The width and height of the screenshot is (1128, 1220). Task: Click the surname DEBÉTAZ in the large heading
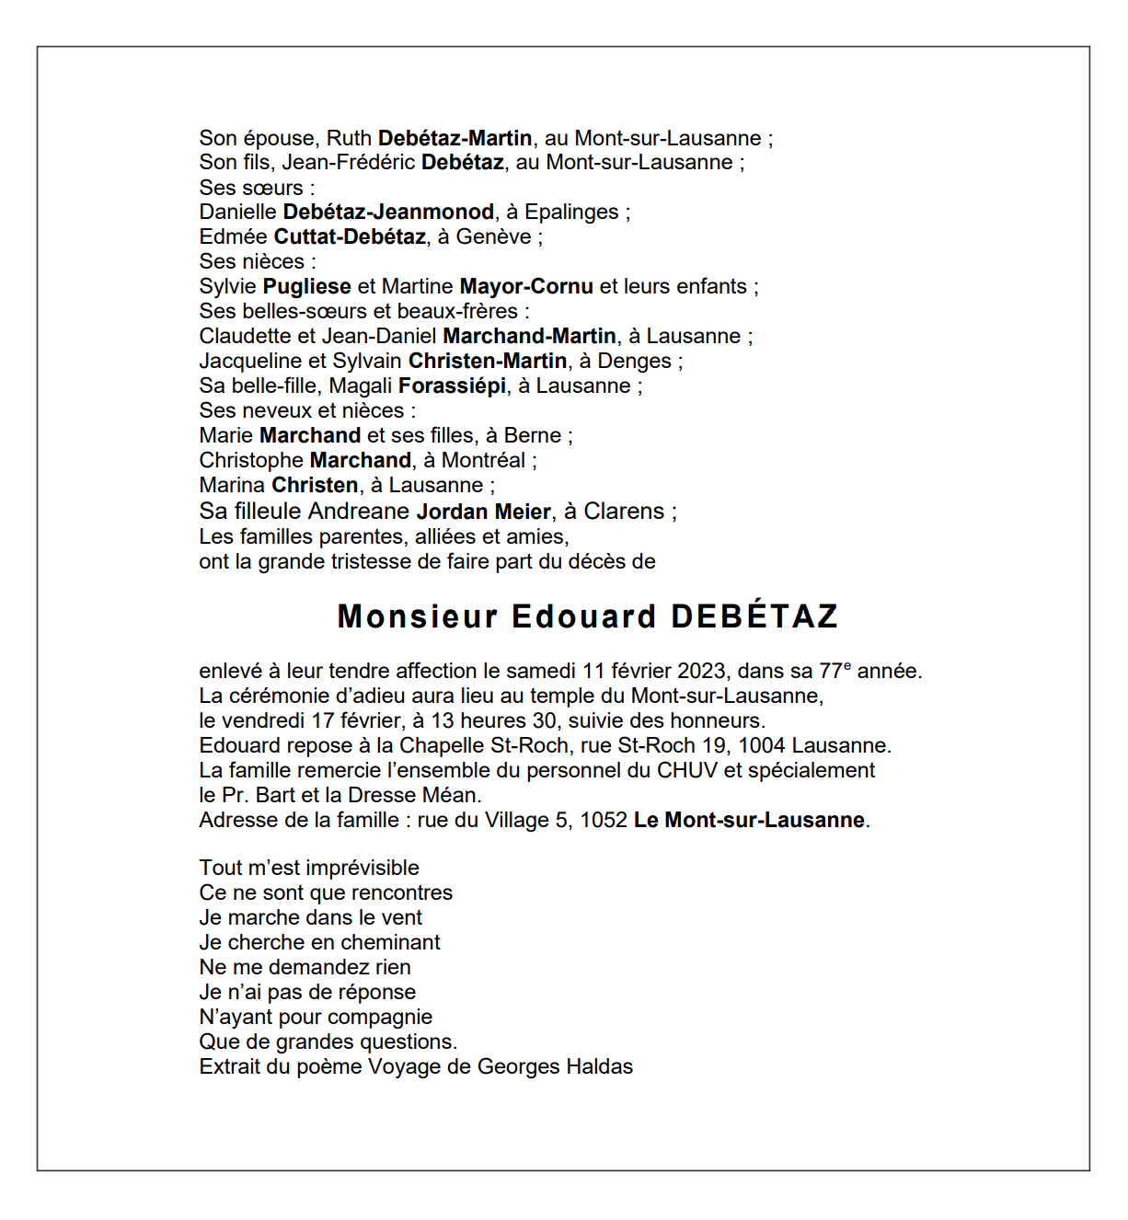(x=754, y=616)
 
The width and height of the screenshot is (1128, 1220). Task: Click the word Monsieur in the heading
(x=418, y=616)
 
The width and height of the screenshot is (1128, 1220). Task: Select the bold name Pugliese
(x=307, y=286)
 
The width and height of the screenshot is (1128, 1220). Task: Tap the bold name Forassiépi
(x=452, y=386)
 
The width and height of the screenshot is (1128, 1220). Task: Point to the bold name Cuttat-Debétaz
(x=350, y=236)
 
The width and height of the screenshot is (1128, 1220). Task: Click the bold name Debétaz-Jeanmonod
(x=388, y=212)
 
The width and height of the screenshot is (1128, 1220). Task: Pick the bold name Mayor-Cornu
(x=526, y=286)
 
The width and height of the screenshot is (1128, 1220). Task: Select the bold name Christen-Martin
(x=488, y=361)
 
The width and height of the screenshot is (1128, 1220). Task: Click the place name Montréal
(x=483, y=460)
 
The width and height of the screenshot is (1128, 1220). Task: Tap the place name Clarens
(x=624, y=512)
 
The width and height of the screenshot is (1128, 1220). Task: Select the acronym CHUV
(x=686, y=770)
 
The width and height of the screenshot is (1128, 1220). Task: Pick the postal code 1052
(x=604, y=820)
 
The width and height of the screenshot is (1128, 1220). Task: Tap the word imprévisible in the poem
(x=363, y=868)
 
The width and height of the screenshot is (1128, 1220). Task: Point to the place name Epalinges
(x=571, y=212)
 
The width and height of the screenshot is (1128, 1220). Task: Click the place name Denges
(x=635, y=361)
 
